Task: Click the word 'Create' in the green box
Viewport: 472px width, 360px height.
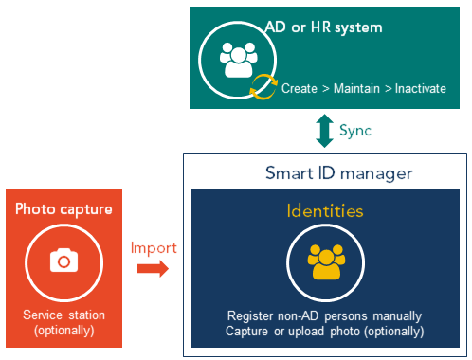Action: point(300,89)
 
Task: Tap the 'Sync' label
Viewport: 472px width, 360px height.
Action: point(354,129)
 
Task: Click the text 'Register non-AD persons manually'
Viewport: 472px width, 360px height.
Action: point(325,315)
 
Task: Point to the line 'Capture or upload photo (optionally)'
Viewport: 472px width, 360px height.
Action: point(325,331)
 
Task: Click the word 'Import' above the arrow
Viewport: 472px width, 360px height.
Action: point(153,247)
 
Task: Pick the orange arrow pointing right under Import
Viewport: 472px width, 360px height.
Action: point(152,268)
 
